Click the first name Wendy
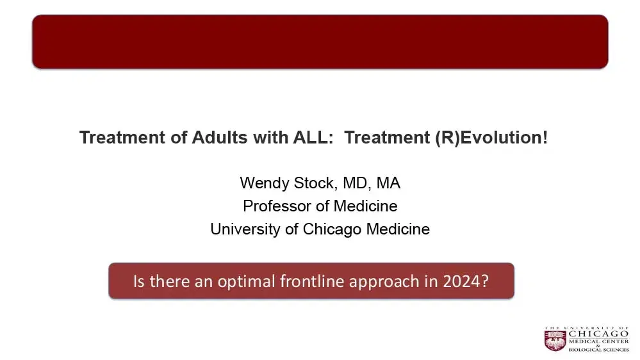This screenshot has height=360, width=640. click(261, 183)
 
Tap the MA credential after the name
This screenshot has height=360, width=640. click(388, 183)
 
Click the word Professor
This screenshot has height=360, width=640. click(274, 206)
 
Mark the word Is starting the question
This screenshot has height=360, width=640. click(139, 281)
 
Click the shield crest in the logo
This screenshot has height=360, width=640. click(555, 340)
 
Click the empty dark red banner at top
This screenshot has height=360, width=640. click(320, 42)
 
